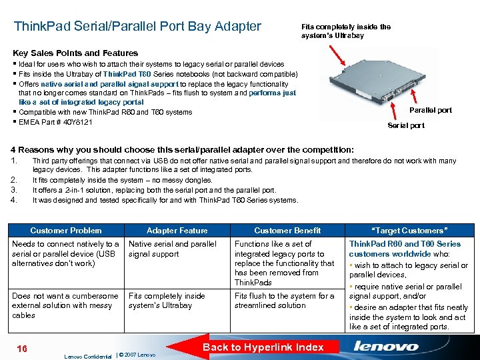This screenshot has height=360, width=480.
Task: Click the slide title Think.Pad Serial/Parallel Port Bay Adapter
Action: [x=137, y=27]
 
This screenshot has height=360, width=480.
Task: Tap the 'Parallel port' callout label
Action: [x=430, y=111]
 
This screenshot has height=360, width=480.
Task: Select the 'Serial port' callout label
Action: [x=406, y=125]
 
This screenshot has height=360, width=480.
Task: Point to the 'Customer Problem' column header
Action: [x=65, y=231]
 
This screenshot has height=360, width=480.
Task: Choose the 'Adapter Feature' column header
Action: [x=177, y=231]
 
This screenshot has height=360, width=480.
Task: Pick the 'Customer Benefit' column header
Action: [x=287, y=231]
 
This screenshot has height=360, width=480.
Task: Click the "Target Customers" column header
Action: [x=409, y=231]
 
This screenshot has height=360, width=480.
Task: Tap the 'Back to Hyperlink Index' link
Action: [x=263, y=347]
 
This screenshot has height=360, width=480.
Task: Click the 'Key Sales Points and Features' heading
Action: [x=75, y=53]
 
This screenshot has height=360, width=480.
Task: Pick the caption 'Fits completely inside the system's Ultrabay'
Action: [x=345, y=31]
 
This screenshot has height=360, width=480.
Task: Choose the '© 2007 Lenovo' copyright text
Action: [x=136, y=354]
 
